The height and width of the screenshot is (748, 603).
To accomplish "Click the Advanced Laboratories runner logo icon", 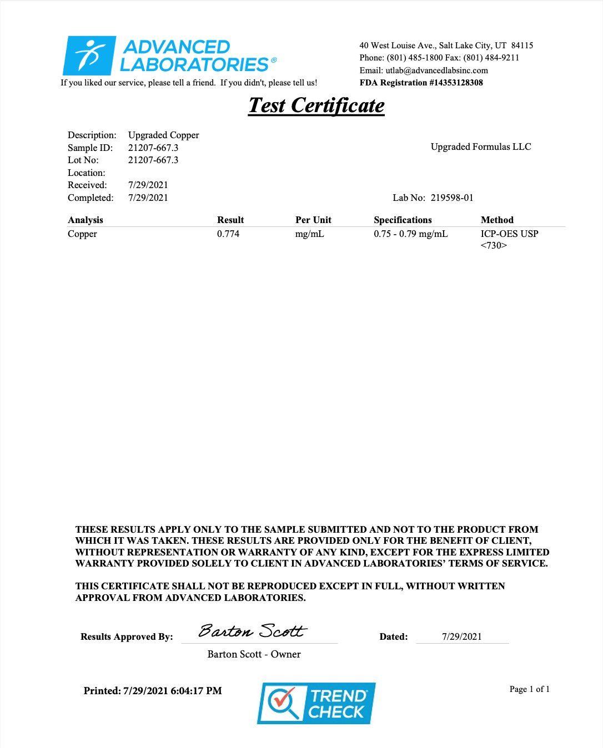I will [x=89, y=55].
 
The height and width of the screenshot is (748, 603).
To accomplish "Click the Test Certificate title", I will [x=316, y=105].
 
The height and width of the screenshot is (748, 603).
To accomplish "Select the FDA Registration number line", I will [x=421, y=83].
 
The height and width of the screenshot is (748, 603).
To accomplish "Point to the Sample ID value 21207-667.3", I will [x=153, y=148].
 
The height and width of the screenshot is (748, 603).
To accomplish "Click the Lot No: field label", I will [x=83, y=160].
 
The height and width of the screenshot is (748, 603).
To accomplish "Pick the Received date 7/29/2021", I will [x=148, y=185].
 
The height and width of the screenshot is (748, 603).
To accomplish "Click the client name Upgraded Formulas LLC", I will [x=481, y=146].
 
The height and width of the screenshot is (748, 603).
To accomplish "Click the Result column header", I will [x=230, y=220].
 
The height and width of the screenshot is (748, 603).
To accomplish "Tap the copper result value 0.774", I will [x=228, y=234].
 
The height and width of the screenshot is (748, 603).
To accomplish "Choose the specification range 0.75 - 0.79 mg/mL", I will [x=411, y=234].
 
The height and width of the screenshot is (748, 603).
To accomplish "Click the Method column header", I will [x=497, y=220].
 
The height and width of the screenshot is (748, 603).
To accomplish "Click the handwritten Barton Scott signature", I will [x=253, y=631].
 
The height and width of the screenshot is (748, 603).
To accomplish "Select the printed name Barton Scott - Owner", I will [x=254, y=654].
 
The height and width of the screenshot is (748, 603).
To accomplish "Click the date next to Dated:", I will [x=461, y=636].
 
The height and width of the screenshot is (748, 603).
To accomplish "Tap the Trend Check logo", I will [x=316, y=703].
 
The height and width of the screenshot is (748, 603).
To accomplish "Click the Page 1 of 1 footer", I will [x=529, y=689].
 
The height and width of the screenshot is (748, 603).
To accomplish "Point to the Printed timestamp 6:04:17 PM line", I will [x=153, y=691].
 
